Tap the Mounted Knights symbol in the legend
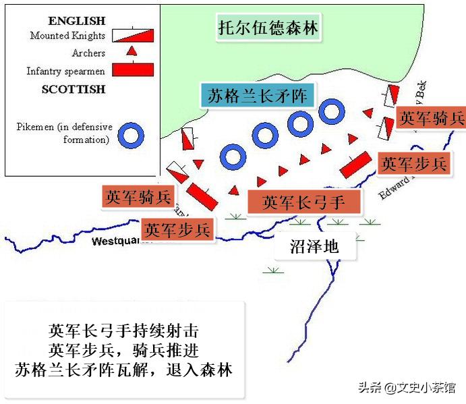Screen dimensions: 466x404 pos(132,35)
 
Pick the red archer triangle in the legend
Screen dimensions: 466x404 pos(133,51)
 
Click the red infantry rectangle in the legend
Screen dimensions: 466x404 pos(132,69)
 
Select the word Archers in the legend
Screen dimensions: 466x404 pos(88,53)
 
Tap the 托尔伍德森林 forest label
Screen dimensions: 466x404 pos(268,29)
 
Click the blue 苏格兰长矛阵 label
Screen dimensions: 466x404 pos(256,96)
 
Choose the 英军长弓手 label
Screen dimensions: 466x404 pos(303,201)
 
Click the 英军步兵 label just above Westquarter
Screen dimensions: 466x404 pos(178,229)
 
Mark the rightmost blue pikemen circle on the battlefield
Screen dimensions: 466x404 pos(331,111)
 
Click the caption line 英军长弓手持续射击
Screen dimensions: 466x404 pos(124,331)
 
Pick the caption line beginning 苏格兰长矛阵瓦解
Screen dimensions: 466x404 pos(124,370)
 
